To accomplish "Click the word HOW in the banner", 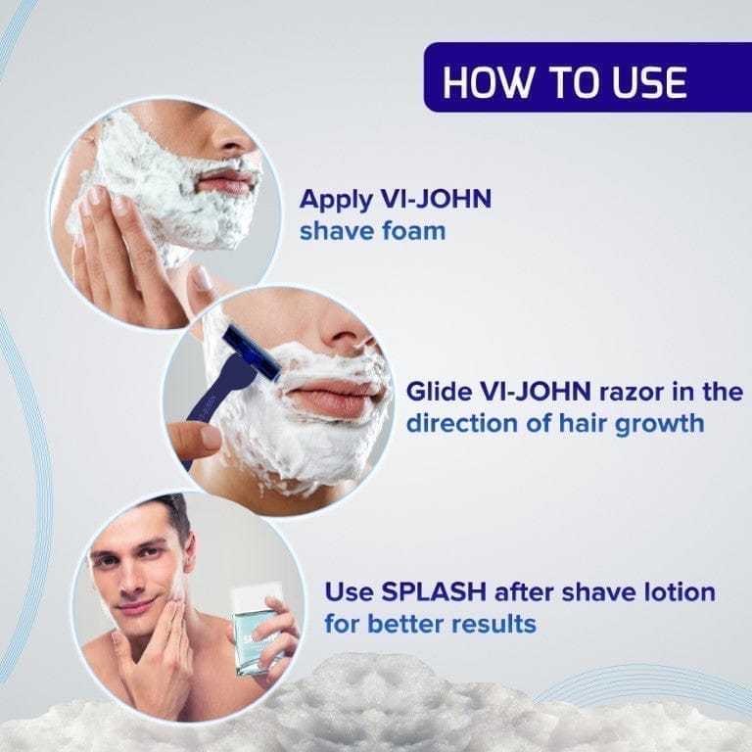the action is click(x=488, y=82).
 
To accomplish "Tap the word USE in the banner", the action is click(x=650, y=82).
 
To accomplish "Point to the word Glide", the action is click(x=439, y=392).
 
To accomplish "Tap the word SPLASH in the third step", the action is click(x=433, y=591).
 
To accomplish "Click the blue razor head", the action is click(x=252, y=352).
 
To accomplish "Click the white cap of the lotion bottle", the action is click(x=256, y=598).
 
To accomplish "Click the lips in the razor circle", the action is click(x=331, y=399).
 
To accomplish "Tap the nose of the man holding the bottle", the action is click(x=128, y=582).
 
